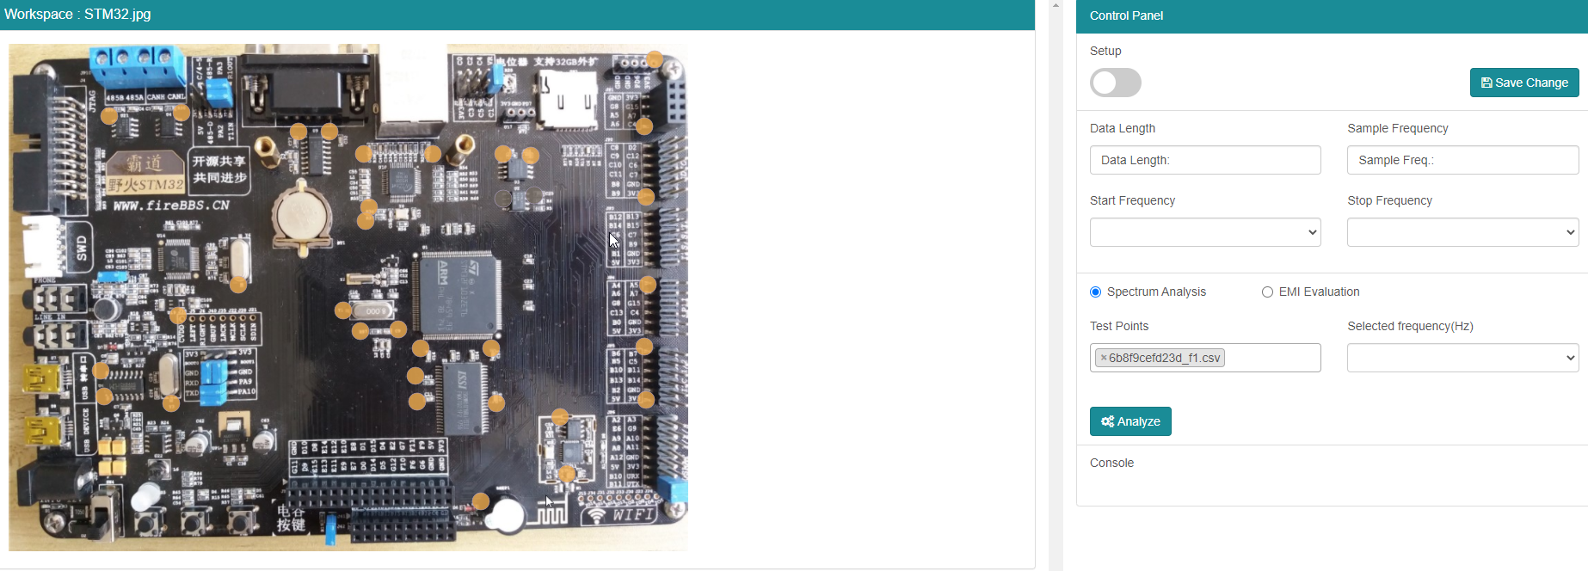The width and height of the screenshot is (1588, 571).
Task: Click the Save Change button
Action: pyautogui.click(x=1523, y=83)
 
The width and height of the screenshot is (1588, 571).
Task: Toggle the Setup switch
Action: pyautogui.click(x=1115, y=83)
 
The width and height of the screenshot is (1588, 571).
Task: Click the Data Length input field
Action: pyautogui.click(x=1204, y=160)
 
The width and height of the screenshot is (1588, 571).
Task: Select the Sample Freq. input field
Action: pyautogui.click(x=1462, y=160)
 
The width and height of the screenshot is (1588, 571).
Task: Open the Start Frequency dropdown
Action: pyautogui.click(x=1204, y=232)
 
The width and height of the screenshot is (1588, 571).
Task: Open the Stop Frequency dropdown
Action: pyautogui.click(x=1462, y=232)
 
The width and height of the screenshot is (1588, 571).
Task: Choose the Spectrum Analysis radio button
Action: pyautogui.click(x=1096, y=292)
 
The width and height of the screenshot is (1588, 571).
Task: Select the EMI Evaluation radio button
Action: pyautogui.click(x=1267, y=292)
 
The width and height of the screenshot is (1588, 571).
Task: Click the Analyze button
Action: pyautogui.click(x=1129, y=421)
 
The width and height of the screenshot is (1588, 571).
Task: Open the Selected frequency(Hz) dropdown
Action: pyautogui.click(x=1462, y=358)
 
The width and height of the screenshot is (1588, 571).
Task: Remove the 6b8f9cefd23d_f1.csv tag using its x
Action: pyautogui.click(x=1104, y=358)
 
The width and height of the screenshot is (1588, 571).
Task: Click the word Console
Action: pyautogui.click(x=1111, y=463)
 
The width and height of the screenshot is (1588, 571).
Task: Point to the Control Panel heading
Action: pyautogui.click(x=1126, y=15)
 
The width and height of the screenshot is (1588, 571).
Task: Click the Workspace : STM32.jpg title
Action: pyautogui.click(x=77, y=14)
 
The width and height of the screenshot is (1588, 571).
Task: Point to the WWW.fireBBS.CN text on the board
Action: pyautogui.click(x=171, y=206)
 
